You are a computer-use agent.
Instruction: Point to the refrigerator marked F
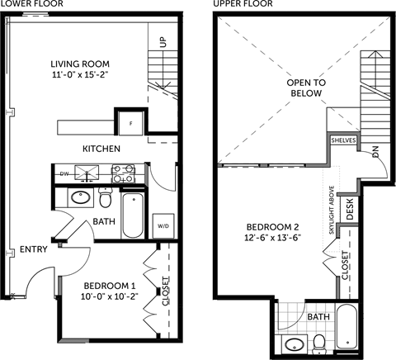(130, 122)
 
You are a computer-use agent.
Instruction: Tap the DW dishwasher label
(64, 173)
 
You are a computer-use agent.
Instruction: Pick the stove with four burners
(124, 173)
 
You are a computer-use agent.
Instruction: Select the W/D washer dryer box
(163, 225)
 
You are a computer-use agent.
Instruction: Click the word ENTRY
(34, 249)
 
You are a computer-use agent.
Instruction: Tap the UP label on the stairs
(163, 40)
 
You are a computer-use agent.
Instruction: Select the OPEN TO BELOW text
(306, 88)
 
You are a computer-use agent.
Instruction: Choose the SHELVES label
(342, 141)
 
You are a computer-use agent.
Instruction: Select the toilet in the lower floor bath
(105, 199)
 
